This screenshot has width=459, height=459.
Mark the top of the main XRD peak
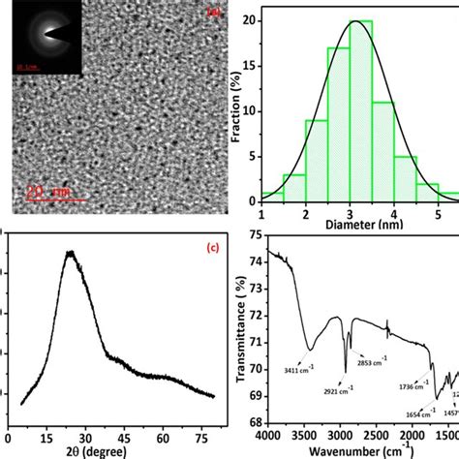[x=70, y=254]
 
